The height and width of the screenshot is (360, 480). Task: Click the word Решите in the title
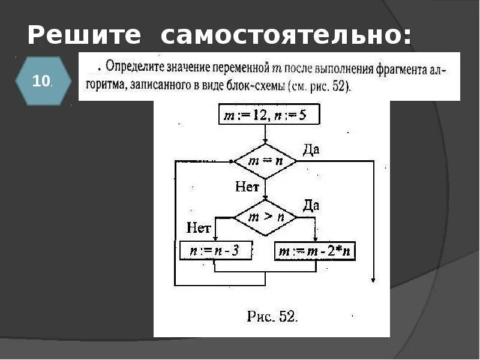point(84,36)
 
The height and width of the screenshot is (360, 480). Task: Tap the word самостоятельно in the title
point(286,36)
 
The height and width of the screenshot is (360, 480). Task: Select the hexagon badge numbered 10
point(41,81)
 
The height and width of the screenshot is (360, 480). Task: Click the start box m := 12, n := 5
point(265,115)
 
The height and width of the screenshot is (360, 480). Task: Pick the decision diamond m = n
point(265,161)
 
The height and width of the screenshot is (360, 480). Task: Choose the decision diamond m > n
point(265,217)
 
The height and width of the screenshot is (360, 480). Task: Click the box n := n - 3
point(214,251)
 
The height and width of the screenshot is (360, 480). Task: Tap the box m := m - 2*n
point(315,251)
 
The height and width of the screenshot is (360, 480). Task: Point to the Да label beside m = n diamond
point(311,149)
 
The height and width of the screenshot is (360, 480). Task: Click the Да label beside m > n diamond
point(311,206)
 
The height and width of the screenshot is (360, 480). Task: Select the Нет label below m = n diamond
point(247,187)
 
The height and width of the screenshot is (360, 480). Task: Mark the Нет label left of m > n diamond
point(199,227)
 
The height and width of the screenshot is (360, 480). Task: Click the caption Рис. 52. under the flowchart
point(272,317)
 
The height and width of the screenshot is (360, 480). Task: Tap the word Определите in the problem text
point(134,70)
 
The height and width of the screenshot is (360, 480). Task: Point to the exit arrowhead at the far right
point(373,278)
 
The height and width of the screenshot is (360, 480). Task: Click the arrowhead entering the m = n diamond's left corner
point(232,161)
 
